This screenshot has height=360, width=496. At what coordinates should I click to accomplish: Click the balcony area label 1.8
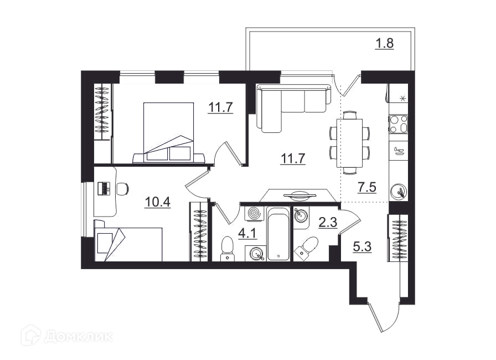[x=384, y=43]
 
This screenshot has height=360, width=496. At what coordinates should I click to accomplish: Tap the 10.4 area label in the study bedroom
[x=158, y=202]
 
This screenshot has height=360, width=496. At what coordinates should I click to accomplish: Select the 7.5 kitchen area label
[x=366, y=187]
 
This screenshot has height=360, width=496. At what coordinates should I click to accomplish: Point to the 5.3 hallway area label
[x=362, y=246]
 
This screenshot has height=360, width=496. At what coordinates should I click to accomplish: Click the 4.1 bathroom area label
[x=247, y=234]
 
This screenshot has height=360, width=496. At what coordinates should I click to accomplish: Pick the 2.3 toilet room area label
[x=328, y=223]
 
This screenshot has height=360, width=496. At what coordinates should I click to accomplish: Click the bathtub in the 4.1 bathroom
[x=278, y=233]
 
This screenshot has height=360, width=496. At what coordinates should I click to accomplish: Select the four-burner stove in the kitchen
[x=398, y=124]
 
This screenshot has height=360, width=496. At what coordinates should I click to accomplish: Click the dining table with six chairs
[x=349, y=142]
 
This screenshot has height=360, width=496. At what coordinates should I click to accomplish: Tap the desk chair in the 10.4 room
[x=123, y=189]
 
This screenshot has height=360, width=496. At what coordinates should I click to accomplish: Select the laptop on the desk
[x=104, y=188]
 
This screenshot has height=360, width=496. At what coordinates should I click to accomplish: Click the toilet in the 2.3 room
[x=306, y=247]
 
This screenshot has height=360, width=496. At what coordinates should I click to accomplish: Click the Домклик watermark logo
[x=67, y=336]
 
